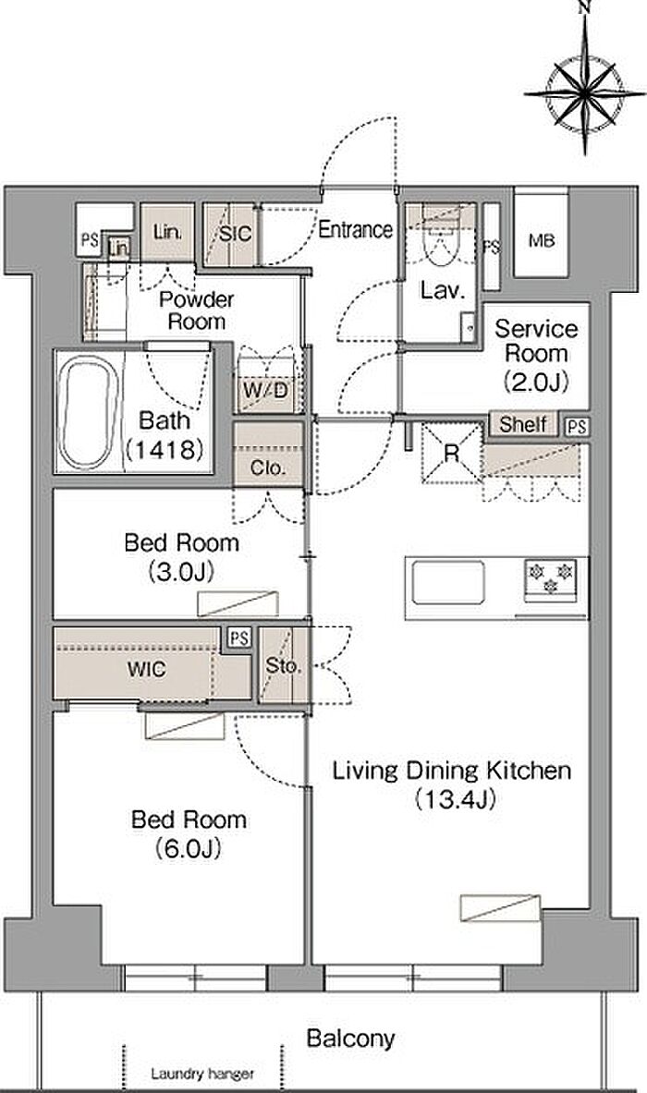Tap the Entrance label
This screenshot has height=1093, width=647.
point(356,229)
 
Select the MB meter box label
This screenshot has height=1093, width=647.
point(542,241)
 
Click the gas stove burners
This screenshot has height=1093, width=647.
point(551,578)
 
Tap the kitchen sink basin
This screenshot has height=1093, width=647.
point(448,582)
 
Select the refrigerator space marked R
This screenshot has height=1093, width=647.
point(452,453)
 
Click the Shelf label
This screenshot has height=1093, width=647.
point(523,424)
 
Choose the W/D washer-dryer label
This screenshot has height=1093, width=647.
point(265,390)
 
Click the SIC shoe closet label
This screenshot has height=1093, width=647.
point(235,234)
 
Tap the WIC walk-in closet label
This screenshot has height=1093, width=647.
point(146,670)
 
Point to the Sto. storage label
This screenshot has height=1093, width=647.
point(283,666)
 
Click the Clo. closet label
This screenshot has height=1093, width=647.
point(268,468)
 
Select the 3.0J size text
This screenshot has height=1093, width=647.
point(180,572)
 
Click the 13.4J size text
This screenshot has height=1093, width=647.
point(456,799)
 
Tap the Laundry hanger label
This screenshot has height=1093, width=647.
point(202,1074)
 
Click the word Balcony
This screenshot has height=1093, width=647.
point(350,1038)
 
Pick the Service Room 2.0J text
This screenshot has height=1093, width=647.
point(536,354)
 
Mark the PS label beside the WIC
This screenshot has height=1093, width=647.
point(239,638)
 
